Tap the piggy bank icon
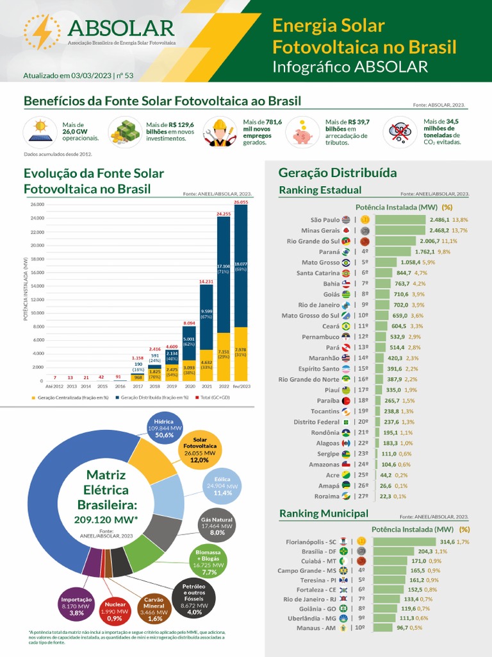coord(302,132)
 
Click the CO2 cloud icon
coord(402,132)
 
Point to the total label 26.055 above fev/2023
coord(240,201)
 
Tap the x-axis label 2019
coord(172,387)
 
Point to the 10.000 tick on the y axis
coord(36,313)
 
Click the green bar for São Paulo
coord(400,219)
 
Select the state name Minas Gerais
coord(321,230)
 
